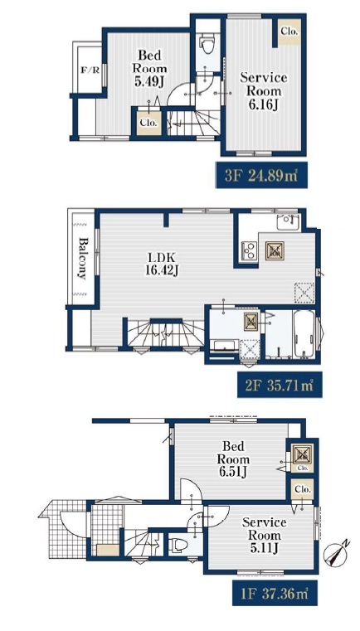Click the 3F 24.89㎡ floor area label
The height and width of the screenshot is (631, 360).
pos(261,175)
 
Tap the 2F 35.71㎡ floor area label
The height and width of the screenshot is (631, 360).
pos(280,384)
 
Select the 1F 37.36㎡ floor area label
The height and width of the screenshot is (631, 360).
pos(275,593)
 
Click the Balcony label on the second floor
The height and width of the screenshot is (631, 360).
pos(83,259)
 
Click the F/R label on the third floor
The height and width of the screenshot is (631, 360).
pos(90,70)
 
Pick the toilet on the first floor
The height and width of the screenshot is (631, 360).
pos(178,546)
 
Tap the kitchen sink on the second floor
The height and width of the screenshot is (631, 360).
pos(288,221)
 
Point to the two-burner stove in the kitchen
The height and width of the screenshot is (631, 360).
pos(250,250)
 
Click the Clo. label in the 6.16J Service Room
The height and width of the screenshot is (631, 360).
pos(289,31)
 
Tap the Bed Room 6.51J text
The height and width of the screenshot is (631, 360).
pos(233,459)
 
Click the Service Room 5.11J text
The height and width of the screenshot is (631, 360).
pos(264,535)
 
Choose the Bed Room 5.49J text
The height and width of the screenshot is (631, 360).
pos(150,69)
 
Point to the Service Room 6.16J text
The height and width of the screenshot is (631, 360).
pos(264,91)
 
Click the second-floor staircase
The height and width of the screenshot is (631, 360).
pos(165,333)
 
